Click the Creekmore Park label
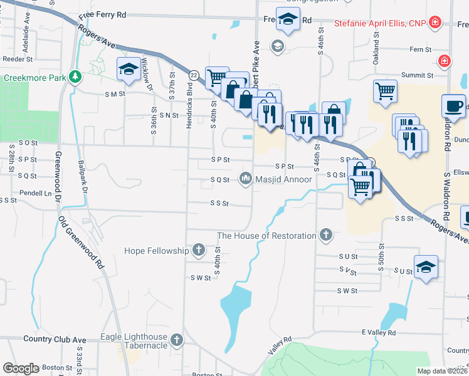[34, 78]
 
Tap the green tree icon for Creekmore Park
[75, 76]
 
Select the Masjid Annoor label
[283, 179]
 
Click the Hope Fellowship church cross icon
[198, 251]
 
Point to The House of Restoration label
[266, 236]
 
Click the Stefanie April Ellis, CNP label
[380, 24]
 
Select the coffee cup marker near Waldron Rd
[453, 105]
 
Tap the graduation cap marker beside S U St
[426, 266]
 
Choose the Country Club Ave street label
[55, 339]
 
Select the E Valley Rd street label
[379, 332]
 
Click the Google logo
[21, 368]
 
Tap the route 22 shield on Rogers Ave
[194, 75]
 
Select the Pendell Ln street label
[36, 193]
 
